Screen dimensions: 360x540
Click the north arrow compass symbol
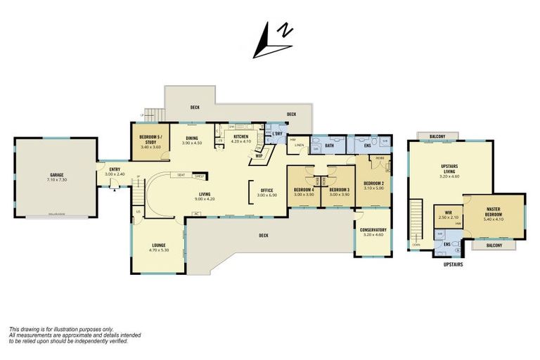click(x=273, y=40)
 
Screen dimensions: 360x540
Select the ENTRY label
click(x=114, y=169)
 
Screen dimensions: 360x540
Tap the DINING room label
click(x=191, y=138)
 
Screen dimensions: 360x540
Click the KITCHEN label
click(x=240, y=136)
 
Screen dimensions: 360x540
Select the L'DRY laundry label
click(x=277, y=134)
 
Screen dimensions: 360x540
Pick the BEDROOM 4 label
click(x=304, y=190)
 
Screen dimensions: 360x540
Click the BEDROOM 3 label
click(x=339, y=190)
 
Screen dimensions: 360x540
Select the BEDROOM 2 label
click(x=372, y=184)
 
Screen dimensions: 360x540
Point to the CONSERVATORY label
click(x=373, y=230)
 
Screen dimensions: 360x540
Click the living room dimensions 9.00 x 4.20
click(x=205, y=199)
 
